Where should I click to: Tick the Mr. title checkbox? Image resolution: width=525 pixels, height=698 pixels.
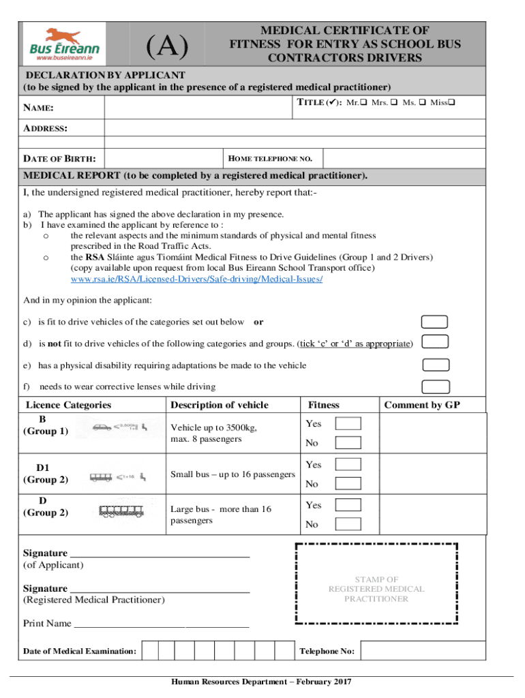tap(363, 103)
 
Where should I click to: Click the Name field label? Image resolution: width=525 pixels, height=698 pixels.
tap(39, 108)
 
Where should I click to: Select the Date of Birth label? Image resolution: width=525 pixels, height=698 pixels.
tap(59, 159)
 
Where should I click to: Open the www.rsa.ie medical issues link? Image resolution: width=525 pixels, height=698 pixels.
tap(196, 279)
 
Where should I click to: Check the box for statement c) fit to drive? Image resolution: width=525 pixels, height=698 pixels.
tap(434, 322)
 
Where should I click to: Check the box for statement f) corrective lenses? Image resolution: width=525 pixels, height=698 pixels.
tap(434, 386)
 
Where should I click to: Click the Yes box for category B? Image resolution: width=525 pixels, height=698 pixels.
tap(349, 424)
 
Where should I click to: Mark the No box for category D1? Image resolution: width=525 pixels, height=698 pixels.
tap(349, 484)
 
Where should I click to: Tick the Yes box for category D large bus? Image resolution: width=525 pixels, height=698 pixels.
tap(349, 505)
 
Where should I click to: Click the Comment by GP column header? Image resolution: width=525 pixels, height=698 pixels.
tap(422, 405)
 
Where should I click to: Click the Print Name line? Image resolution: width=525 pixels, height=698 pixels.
tap(161, 624)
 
